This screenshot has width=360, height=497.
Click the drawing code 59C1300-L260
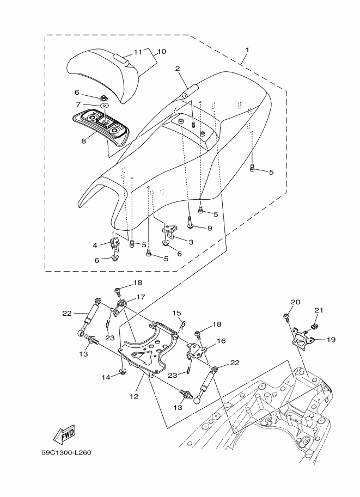pyautogui.click(x=66, y=452)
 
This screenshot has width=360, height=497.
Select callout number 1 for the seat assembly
pyautogui.click(x=247, y=50)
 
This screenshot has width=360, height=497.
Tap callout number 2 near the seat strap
pyautogui.click(x=178, y=68)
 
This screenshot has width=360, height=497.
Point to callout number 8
pyautogui.click(x=84, y=141)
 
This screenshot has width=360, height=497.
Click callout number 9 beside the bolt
pyautogui.click(x=209, y=228)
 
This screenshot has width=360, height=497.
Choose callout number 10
pyautogui.click(x=161, y=51)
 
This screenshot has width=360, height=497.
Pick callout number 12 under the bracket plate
pyautogui.click(x=134, y=396)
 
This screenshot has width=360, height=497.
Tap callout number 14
pyautogui.click(x=106, y=377)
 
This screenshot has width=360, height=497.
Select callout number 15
pyautogui.click(x=176, y=314)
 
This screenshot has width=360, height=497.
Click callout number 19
pyautogui.click(x=331, y=340)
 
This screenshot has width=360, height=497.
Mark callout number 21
pyautogui.click(x=319, y=310)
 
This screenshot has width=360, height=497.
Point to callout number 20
pyautogui.click(x=295, y=302)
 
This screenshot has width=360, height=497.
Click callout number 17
pyautogui.click(x=141, y=297)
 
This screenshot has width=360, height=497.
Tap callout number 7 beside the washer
pyautogui.click(x=78, y=105)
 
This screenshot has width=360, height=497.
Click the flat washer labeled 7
pyautogui.click(x=103, y=106)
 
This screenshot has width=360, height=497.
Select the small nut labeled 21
pyautogui.click(x=315, y=327)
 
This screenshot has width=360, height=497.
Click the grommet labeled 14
pyautogui.click(x=122, y=371)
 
